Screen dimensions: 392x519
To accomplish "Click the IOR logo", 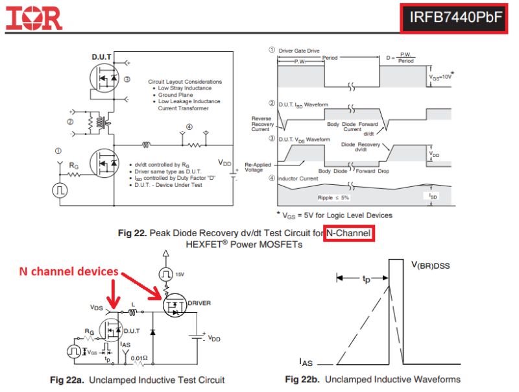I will click(34, 18).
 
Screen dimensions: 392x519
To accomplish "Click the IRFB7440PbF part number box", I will click(455, 18).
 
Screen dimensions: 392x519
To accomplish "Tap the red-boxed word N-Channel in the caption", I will click(349, 232).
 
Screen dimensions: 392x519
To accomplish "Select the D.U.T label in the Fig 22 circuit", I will click(102, 58).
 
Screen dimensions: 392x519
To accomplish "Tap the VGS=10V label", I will click(441, 77).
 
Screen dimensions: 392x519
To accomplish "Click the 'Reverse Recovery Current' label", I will click(263, 124).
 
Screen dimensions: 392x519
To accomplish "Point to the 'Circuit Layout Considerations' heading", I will click(185, 82).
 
